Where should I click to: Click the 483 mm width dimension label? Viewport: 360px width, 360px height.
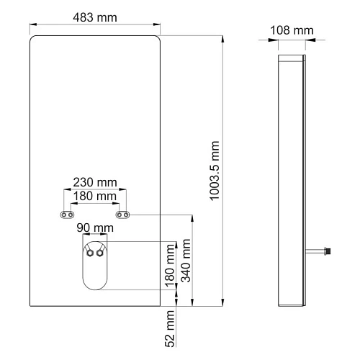pyautogui.click(x=94, y=16)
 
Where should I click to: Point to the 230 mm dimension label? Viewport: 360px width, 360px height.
pyautogui.click(x=96, y=184)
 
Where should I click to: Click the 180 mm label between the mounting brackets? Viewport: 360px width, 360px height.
pyautogui.click(x=96, y=196)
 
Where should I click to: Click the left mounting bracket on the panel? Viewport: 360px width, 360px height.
pyautogui.click(x=68, y=215)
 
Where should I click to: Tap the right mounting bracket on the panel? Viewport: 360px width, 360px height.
pyautogui.click(x=124, y=215)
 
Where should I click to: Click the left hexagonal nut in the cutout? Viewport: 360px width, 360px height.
pyautogui.click(x=88, y=253)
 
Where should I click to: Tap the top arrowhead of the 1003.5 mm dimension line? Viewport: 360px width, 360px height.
pyautogui.click(x=222, y=37)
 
